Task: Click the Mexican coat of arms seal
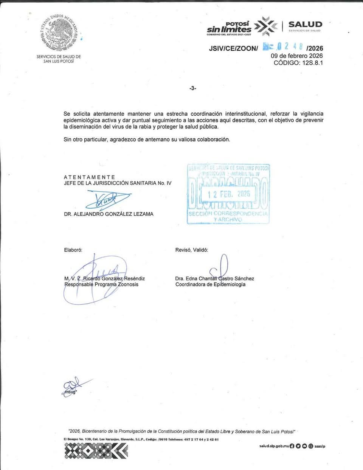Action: [x=59, y=33]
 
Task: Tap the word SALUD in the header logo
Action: [x=305, y=25]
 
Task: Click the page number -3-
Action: [x=193, y=88]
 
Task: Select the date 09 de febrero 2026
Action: [x=296, y=56]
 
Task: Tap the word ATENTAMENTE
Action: [x=90, y=177]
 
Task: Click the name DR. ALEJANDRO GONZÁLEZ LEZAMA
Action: [x=109, y=214]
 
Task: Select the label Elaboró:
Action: [x=73, y=250]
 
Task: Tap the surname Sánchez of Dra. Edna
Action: [x=244, y=278]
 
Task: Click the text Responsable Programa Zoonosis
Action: [x=101, y=284]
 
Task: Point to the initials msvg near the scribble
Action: [x=70, y=392]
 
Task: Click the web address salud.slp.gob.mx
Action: [x=274, y=446]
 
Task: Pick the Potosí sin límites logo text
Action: [x=229, y=27]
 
